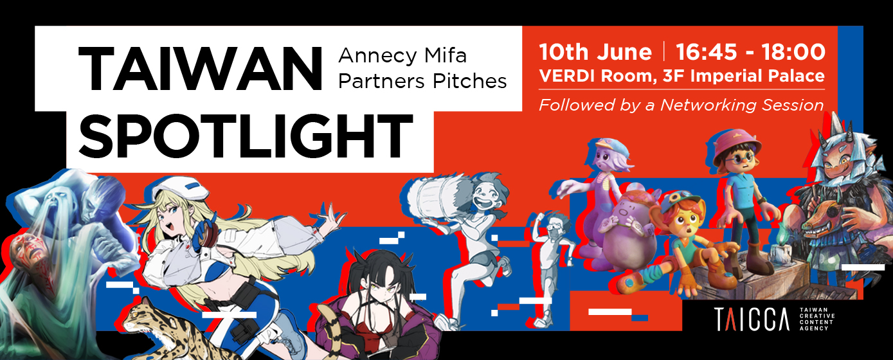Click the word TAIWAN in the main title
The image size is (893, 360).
[x=200, y=69]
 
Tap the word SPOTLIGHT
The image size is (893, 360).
[x=246, y=136]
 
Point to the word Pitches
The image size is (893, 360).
[x=469, y=81]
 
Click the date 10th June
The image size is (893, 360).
[x=595, y=52]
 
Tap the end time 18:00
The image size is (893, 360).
[x=793, y=52]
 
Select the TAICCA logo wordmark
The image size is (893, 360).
[x=751, y=319]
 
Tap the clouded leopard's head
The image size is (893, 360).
[x=137, y=313]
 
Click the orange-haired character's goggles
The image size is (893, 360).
[x=683, y=196]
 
